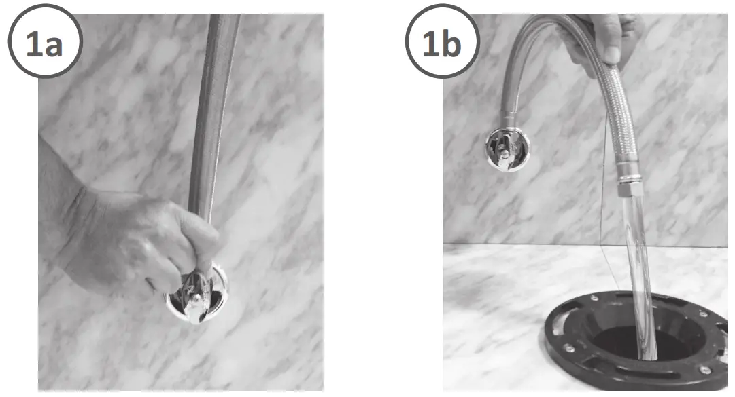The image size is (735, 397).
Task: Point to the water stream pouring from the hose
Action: tap(639, 271)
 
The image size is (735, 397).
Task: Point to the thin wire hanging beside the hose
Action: tap(604, 204)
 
